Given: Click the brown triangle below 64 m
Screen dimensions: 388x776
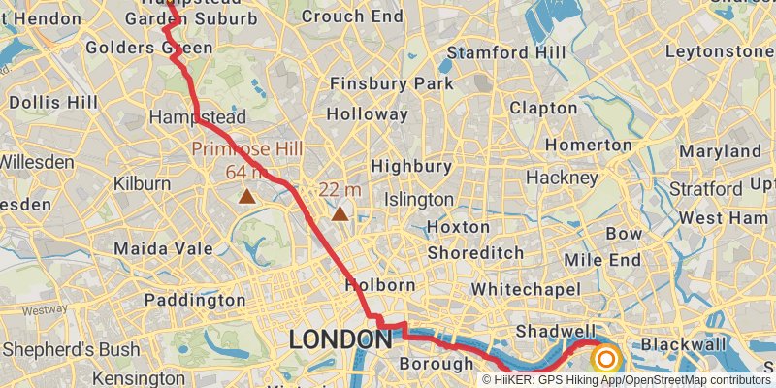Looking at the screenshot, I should tap(248, 196).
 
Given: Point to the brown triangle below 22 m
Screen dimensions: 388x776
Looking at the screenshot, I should tap(339, 212).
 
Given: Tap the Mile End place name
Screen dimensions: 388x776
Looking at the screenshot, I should tap(602, 260).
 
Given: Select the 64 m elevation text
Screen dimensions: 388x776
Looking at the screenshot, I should tap(246, 172).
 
